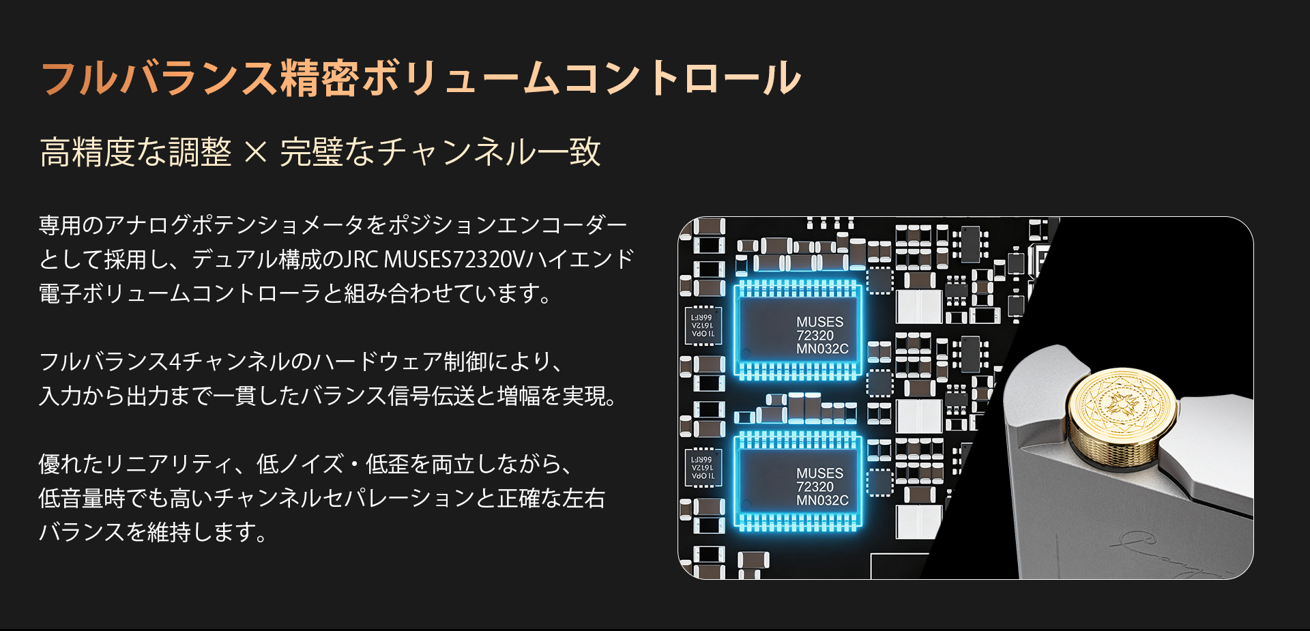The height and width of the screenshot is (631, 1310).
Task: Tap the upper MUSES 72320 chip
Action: [x=797, y=331]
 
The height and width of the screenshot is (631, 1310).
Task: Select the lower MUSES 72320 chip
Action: [x=797, y=482]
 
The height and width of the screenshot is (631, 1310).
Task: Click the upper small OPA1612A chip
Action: [x=703, y=326]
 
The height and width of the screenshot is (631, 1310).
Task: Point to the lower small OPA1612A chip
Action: [x=703, y=468]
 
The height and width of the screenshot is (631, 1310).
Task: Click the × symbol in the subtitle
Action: [x=255, y=152]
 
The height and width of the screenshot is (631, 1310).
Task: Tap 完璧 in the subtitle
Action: [x=311, y=152]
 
